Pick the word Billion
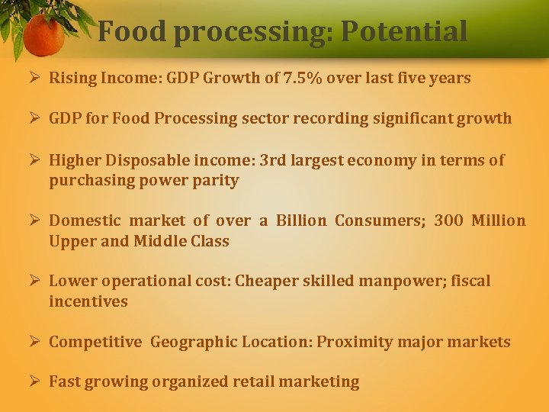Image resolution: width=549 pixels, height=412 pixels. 301,220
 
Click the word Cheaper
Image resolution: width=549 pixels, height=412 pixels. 266,281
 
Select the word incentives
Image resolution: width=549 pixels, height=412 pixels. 88,301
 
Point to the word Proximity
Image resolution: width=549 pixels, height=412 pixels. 353,342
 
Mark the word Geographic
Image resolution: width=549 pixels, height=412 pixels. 194,342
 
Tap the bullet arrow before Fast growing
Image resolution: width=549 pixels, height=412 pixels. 35,381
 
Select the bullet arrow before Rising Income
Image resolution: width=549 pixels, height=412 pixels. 35,78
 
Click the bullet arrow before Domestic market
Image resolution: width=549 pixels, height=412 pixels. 35,220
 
